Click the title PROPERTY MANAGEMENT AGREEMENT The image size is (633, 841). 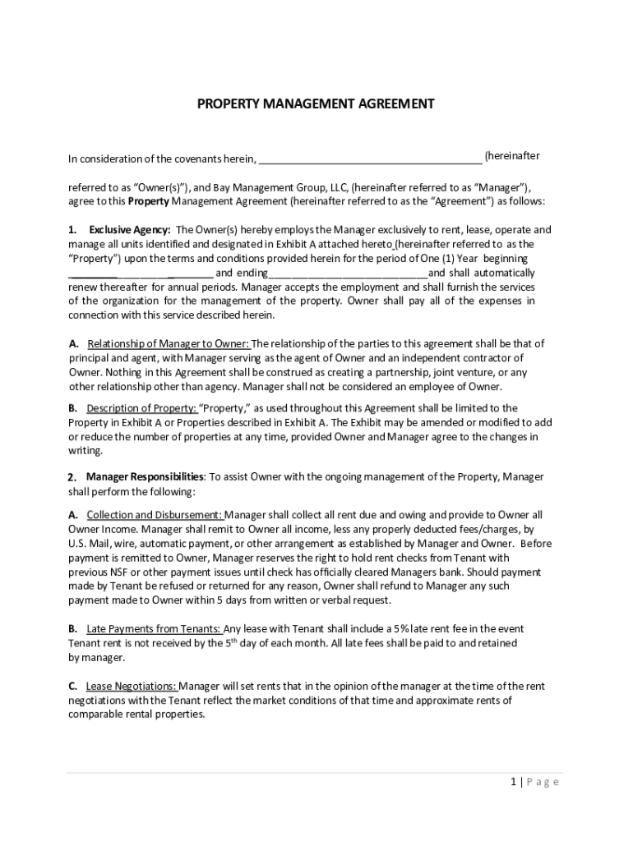[x=316, y=104]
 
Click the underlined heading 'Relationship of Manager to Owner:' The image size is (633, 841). [x=169, y=344]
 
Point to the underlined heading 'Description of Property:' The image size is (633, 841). [x=141, y=408]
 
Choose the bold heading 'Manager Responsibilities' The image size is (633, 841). [x=146, y=477]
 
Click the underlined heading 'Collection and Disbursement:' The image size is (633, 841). [x=155, y=515]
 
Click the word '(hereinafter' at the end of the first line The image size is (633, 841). [x=512, y=156]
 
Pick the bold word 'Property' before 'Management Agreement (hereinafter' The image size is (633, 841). [x=149, y=201]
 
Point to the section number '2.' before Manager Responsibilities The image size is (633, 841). [x=72, y=477]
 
